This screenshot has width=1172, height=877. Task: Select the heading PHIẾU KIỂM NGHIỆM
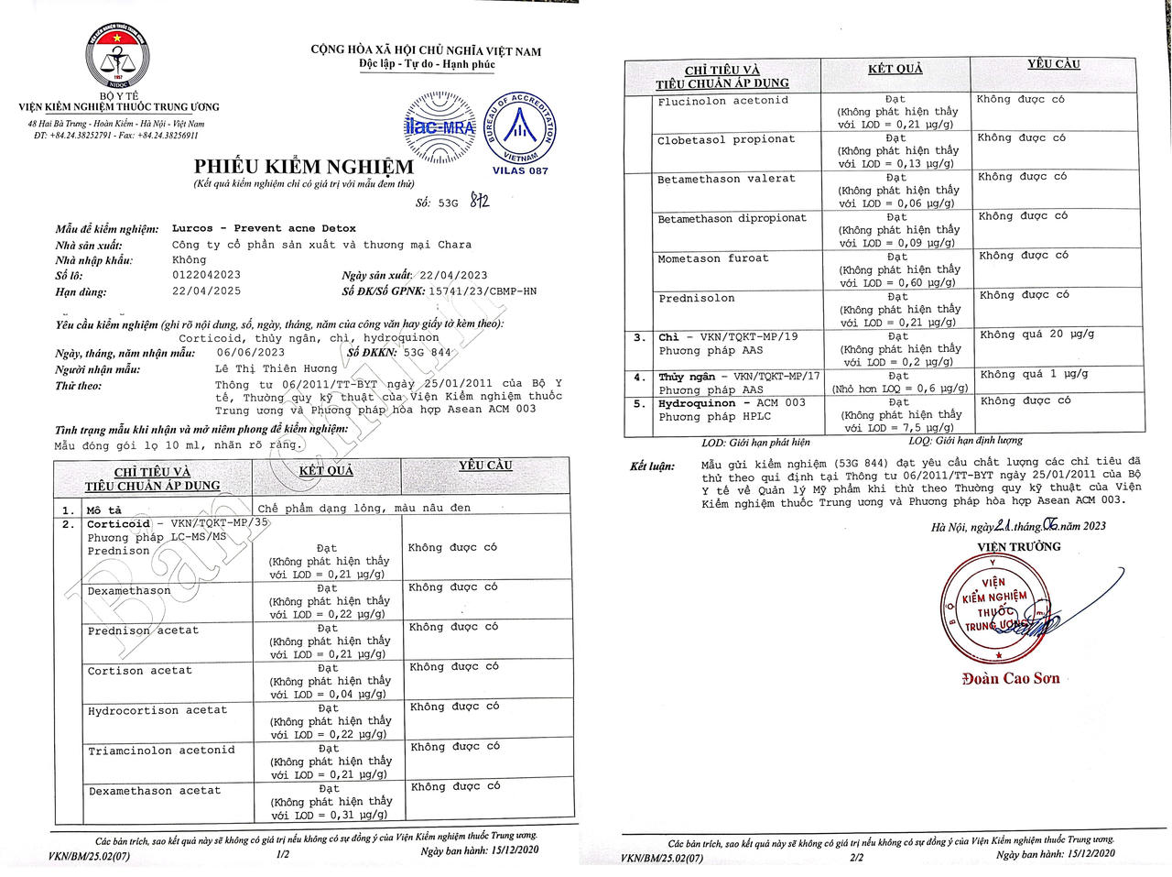coord(303,167)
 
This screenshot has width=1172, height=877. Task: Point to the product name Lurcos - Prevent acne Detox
coord(264,228)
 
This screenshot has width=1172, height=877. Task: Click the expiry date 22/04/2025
coord(207,291)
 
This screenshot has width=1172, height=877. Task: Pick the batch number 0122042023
coord(207,275)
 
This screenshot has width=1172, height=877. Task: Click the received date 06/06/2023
coord(251,353)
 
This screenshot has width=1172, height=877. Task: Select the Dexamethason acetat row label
coord(155,791)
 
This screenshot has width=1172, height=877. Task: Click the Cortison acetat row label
coord(140,671)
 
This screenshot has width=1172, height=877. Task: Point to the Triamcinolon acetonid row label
coord(161,751)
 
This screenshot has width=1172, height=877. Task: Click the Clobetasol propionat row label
coord(726,140)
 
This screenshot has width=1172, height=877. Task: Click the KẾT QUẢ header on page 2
coord(895,70)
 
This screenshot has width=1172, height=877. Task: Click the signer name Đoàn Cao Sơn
coord(1010,679)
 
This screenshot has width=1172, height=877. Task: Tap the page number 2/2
coord(857,858)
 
